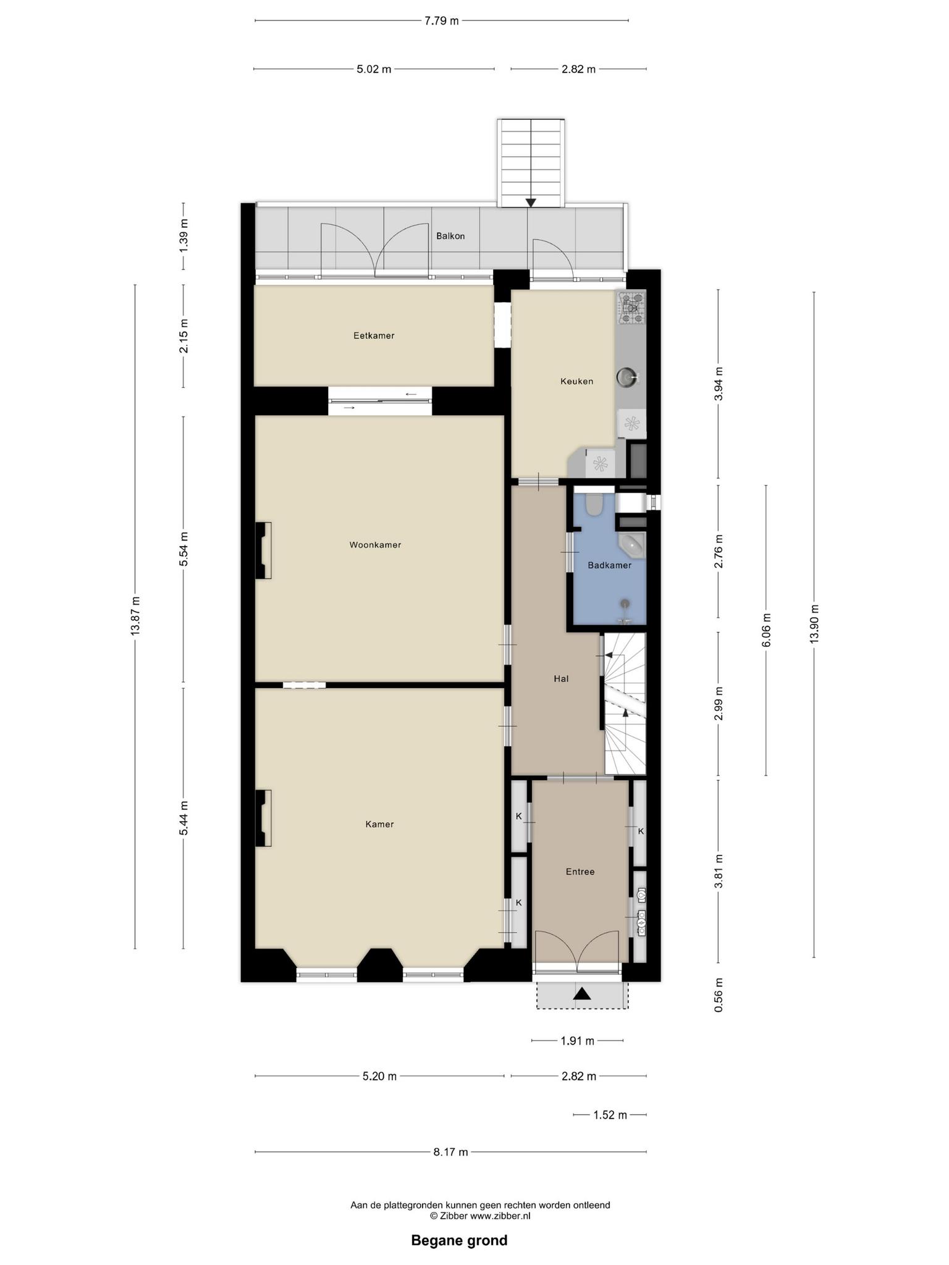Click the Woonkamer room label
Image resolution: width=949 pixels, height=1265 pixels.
click(x=375, y=545)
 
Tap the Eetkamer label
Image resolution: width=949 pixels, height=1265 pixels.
click(x=374, y=336)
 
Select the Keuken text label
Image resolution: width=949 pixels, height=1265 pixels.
click(x=576, y=381)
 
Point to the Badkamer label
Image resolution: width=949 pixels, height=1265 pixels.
click(x=609, y=565)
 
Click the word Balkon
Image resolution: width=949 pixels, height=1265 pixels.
click(x=450, y=236)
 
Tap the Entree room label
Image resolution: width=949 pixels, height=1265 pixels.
click(x=580, y=872)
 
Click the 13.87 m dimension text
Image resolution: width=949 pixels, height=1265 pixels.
click(x=136, y=616)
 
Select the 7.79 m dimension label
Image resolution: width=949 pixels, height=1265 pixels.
click(x=442, y=20)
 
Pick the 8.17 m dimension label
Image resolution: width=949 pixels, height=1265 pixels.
click(x=450, y=1152)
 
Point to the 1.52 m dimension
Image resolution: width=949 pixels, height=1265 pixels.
click(x=610, y=1115)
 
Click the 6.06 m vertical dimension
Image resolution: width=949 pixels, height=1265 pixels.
click(x=767, y=630)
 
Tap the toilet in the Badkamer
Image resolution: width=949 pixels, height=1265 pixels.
click(x=594, y=504)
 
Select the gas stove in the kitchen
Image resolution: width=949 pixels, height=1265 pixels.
click(x=632, y=308)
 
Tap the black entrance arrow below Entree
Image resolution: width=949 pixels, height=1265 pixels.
click(x=582, y=994)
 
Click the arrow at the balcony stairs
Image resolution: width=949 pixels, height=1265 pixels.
click(x=531, y=202)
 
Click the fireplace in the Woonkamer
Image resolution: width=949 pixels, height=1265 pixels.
click(x=264, y=550)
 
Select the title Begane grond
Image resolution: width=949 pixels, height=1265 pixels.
click(x=460, y=1240)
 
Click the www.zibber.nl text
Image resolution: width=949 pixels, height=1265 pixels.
click(x=500, y=1216)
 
